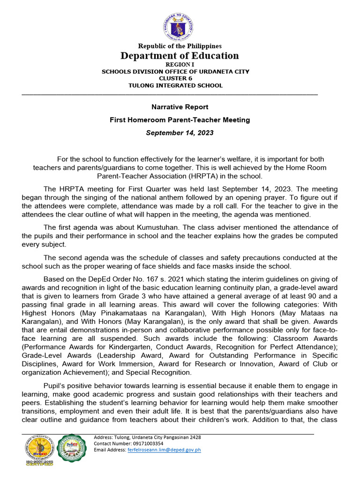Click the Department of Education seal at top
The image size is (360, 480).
point(180,26)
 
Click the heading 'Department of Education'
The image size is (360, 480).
point(180,56)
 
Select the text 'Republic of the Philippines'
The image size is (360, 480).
point(180,46)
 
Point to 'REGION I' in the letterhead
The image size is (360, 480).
point(180,65)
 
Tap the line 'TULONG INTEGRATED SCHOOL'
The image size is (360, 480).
point(176,85)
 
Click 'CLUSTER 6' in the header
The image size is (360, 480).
point(176,78)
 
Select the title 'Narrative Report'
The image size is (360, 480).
point(180,107)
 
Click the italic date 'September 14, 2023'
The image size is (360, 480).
point(180,133)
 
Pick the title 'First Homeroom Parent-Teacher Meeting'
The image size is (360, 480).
point(180,120)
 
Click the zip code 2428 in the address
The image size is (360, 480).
point(194,437)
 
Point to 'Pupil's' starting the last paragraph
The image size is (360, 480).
point(56,386)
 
